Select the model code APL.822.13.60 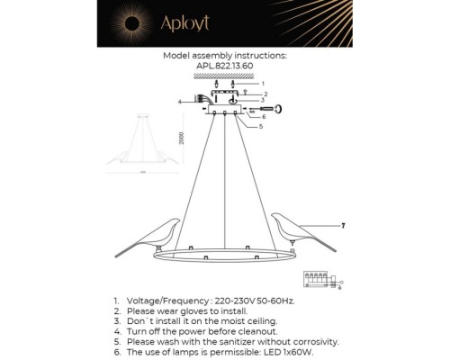[x=225, y=66]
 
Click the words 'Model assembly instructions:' [x=225, y=55]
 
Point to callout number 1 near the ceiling [x=262, y=84]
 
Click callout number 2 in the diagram [x=267, y=94]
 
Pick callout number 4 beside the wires [x=179, y=102]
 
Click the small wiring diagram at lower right [x=322, y=281]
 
